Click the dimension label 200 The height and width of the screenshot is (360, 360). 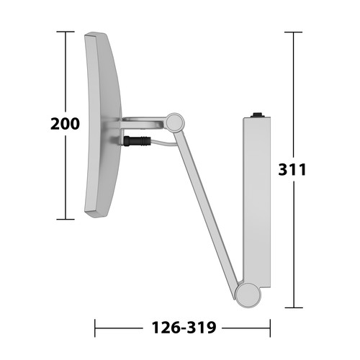[65, 124]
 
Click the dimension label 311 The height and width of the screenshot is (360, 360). [292, 169]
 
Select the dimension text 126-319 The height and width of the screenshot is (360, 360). [184, 328]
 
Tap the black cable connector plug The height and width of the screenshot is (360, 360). [137, 141]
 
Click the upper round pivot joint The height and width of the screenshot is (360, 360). [175, 122]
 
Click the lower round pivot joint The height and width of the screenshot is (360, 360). [248, 295]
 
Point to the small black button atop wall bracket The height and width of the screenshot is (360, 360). [258, 114]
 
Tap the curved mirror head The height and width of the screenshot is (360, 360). [102, 125]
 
